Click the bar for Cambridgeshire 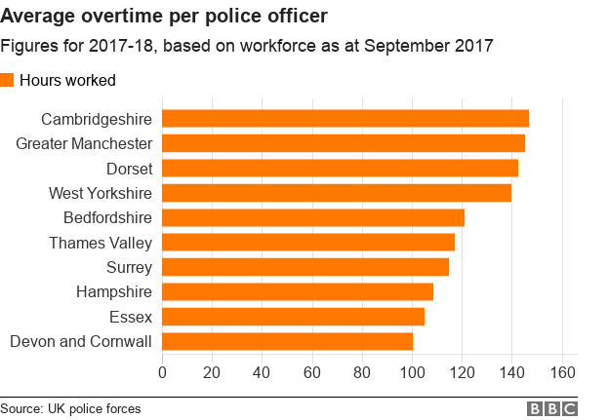pos(345,119)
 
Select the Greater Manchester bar pos(343,143)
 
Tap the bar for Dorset pos(340,168)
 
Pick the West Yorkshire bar pos(336,193)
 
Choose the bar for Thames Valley pos(307,242)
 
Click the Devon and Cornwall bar pos(287,341)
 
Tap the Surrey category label pos(129,267)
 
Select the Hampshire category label pos(114,291)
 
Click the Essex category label pos(132,316)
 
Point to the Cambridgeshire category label pos(97,119)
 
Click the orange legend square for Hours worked pos(8,80)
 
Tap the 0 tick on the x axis pos(162,372)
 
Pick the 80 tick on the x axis pos(362,372)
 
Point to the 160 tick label pos(562,372)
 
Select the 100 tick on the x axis pos(412,372)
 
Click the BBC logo pos(551,409)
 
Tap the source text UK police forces pos(94,409)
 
